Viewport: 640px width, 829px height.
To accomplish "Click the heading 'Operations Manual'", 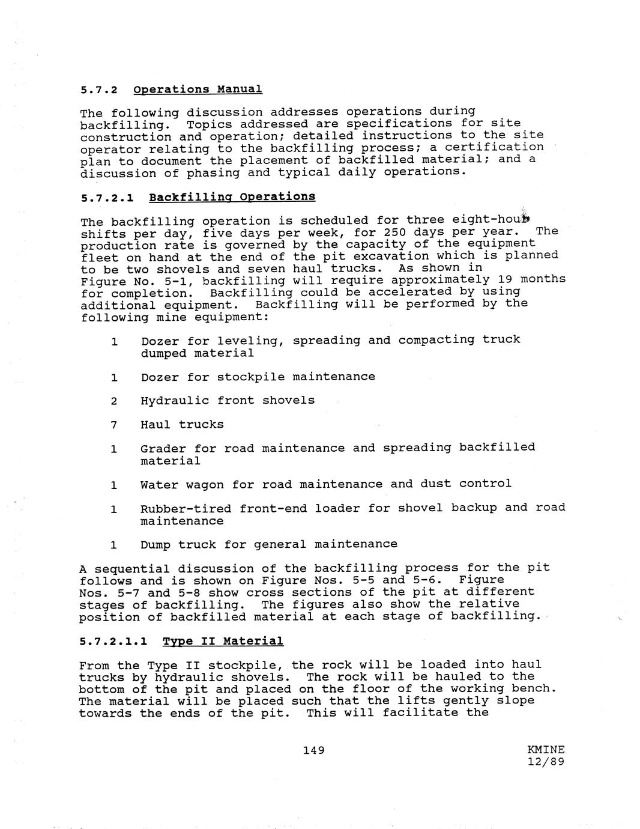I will point(198,90).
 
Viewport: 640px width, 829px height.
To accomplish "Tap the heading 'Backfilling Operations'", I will point(232,197).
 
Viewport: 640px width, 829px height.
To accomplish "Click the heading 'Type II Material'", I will point(223,642).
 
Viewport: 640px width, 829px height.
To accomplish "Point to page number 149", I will point(314,750).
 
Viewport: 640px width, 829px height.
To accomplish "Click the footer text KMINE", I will point(546,750).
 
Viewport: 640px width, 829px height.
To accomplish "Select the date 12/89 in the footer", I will point(546,762).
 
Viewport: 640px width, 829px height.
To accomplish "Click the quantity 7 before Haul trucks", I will point(113,425).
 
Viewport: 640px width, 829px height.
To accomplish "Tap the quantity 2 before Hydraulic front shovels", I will point(113,401).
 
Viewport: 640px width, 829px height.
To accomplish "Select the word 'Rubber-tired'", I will point(186,509).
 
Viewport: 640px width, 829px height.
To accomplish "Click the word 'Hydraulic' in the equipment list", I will point(175,401).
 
